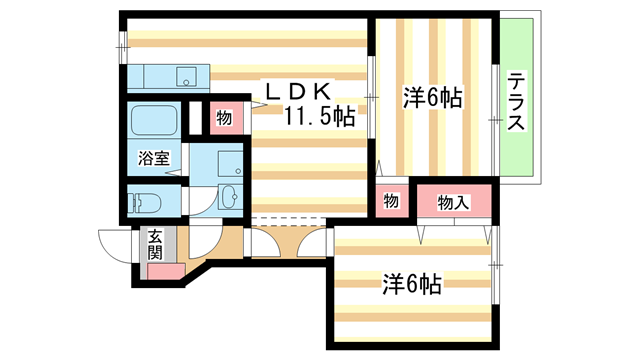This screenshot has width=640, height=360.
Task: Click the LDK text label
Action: (296, 90)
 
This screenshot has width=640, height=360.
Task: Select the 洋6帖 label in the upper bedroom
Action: (432, 98)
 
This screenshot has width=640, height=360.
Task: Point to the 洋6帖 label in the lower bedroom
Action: (411, 283)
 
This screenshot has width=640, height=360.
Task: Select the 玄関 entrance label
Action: (155, 245)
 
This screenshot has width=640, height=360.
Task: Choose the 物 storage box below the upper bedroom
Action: (391, 202)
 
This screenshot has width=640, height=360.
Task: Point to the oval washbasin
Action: (230, 196)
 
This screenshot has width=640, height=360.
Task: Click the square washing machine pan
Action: (229, 162)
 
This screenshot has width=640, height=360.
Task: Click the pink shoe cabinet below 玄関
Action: (161, 270)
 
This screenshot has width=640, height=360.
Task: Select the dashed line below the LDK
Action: (290, 219)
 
